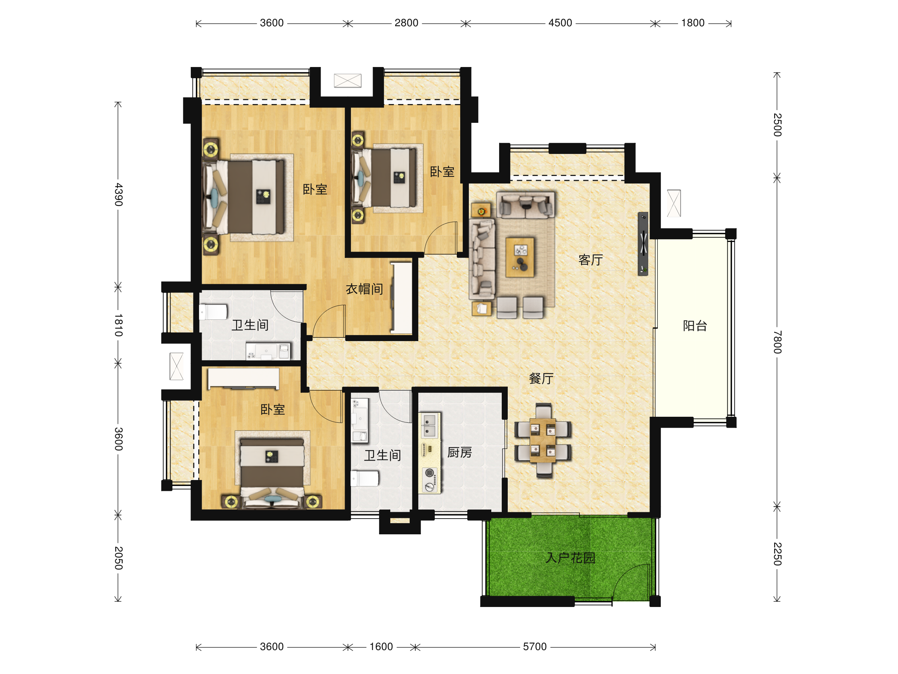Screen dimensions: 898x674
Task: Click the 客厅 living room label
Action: tap(591, 260)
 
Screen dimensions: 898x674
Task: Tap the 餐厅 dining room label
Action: tap(541, 379)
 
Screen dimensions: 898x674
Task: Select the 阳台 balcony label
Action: tap(695, 326)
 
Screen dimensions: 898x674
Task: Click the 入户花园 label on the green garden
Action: tap(570, 558)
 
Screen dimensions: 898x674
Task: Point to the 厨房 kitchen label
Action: tap(459, 453)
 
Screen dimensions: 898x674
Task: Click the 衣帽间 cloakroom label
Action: tap(364, 289)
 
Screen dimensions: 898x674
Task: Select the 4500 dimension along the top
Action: tap(560, 23)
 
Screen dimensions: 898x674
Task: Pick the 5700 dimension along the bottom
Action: tap(535, 647)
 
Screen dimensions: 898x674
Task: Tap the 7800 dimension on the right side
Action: tap(777, 342)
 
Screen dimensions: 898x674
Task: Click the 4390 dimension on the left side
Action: tap(118, 195)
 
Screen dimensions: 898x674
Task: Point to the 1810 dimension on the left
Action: tap(118, 325)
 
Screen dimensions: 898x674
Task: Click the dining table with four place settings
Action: tap(543, 440)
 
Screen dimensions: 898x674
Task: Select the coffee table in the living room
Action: tap(520, 257)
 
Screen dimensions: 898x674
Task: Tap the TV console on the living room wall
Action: tap(643, 244)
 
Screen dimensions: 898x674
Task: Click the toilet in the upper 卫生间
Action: tap(213, 312)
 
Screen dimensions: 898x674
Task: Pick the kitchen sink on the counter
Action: tap(429, 425)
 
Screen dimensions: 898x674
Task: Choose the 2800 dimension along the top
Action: tap(406, 23)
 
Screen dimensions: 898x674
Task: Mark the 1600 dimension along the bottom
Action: tap(381, 647)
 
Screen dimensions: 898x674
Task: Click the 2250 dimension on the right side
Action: tap(777, 554)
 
